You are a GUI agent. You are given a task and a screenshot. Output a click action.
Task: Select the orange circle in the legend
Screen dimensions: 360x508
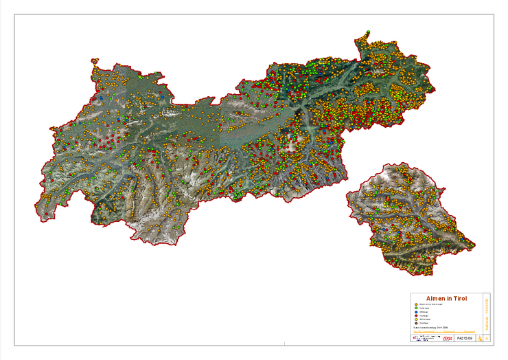[x=416, y=304]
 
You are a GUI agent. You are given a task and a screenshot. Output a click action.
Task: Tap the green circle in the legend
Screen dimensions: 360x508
[x=416, y=308]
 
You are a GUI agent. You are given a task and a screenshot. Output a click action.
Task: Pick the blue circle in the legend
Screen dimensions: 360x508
[x=416, y=312]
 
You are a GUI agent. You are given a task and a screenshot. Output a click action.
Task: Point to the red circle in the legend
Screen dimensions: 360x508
[x=416, y=316]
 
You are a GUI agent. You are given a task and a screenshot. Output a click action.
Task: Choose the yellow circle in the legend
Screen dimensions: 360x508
[x=416, y=320]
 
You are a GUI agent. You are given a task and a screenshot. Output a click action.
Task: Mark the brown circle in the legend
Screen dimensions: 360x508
[x=416, y=324]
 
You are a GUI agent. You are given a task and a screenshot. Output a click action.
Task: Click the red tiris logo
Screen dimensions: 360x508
[x=447, y=339]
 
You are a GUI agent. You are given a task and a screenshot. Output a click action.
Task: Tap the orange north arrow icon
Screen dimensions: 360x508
[x=480, y=339]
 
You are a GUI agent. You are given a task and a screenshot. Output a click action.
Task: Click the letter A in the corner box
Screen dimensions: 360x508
[x=487, y=339]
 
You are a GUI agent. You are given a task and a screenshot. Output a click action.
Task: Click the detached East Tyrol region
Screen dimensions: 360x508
[x=408, y=220]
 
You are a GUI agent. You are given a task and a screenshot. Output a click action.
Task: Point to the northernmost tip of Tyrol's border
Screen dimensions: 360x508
[x=368, y=31]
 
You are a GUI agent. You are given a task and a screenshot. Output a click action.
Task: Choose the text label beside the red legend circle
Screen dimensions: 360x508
[x=427, y=316]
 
